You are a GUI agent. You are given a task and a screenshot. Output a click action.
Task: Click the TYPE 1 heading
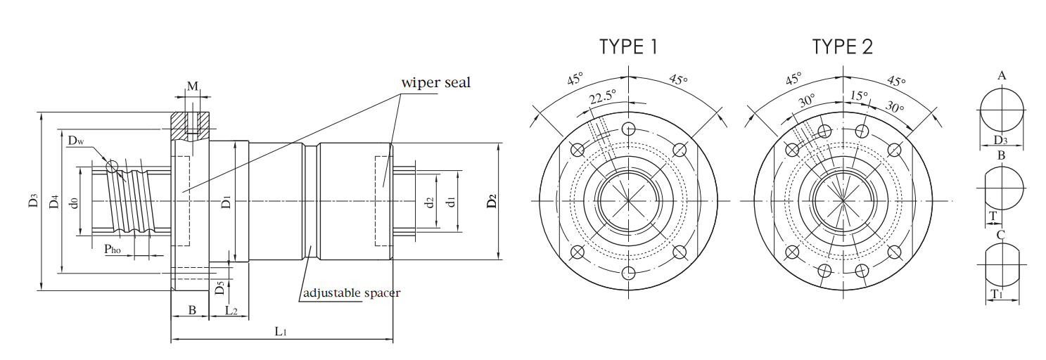(628, 46)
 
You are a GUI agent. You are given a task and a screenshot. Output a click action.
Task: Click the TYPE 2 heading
(843, 46)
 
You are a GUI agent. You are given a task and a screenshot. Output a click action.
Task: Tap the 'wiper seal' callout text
(435, 83)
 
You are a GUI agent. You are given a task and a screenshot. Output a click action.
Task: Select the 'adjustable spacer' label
(352, 293)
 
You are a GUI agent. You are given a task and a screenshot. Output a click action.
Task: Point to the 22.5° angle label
(602, 96)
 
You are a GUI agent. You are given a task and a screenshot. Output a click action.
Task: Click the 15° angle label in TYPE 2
(859, 96)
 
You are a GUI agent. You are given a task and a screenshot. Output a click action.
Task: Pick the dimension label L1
(280, 331)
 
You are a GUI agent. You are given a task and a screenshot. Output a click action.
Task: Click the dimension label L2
(231, 310)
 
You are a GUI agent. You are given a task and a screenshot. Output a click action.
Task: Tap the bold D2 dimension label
(492, 201)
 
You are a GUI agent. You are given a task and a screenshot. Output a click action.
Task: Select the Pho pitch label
(112, 249)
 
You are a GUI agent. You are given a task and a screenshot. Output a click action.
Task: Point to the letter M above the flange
(193, 86)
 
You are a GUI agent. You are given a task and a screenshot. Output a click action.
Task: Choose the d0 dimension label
(73, 202)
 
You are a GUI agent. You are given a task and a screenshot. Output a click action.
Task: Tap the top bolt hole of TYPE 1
(629, 129)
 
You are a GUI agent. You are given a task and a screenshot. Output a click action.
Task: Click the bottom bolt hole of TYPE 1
(629, 273)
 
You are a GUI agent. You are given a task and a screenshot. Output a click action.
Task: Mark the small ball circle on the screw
(112, 166)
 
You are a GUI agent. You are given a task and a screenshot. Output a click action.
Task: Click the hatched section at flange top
(190, 126)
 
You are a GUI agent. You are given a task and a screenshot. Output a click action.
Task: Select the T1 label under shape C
(998, 295)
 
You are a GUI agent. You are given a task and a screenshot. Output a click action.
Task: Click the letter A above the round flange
(1001, 76)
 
